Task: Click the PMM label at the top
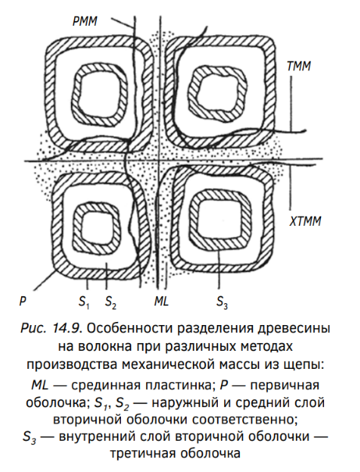coord(85,22)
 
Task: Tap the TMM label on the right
coord(298,66)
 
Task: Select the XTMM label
coord(305,221)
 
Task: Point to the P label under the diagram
coord(23,301)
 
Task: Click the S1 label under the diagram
coord(84,302)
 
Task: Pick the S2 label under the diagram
coord(110,302)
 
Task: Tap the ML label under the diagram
coord(161,301)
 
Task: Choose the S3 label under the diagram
coord(222,302)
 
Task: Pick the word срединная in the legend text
coord(106,385)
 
